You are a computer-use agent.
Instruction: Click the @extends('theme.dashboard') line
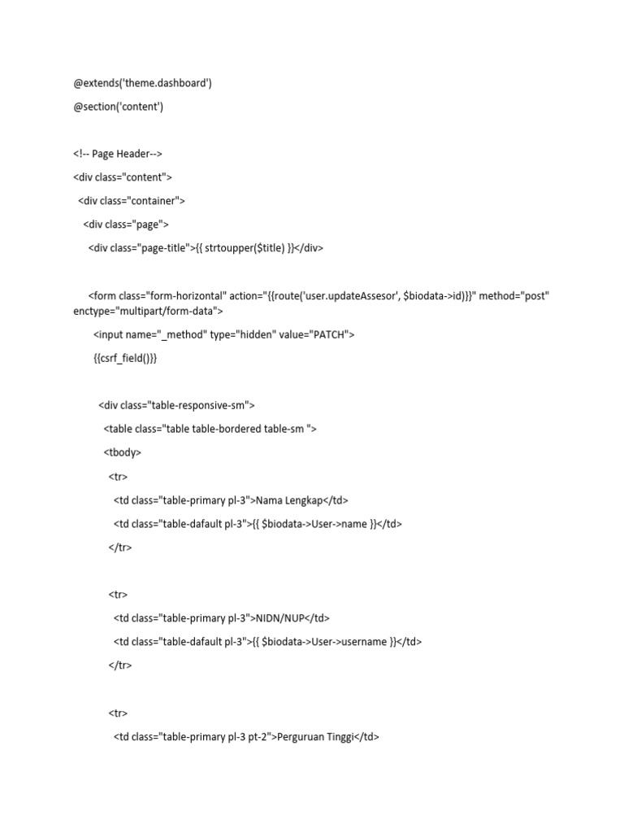click(142, 83)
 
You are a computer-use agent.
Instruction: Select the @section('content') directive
click(118, 107)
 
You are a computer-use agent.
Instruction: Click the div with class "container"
click(132, 201)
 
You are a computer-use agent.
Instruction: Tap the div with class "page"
click(126, 225)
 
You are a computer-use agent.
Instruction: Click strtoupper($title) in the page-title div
click(245, 248)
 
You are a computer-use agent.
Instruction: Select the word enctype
click(93, 310)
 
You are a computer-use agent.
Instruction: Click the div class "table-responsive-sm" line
click(177, 405)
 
